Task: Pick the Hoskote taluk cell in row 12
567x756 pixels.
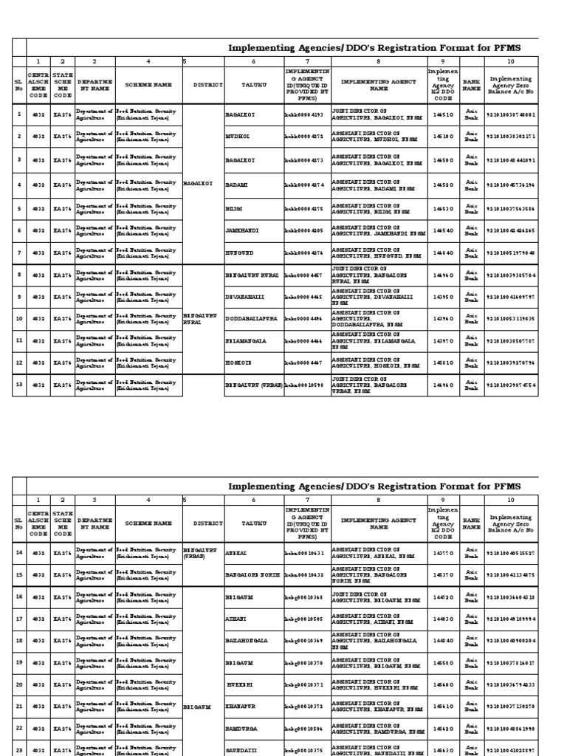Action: point(238,364)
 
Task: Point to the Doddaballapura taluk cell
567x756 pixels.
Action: point(251,319)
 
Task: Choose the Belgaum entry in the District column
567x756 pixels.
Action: point(197,707)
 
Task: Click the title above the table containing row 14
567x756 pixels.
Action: point(374,486)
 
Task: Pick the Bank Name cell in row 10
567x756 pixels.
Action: point(471,319)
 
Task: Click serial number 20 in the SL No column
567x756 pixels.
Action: point(18,684)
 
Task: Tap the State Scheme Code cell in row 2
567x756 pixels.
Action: point(63,137)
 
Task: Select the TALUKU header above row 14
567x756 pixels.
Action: point(252,523)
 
